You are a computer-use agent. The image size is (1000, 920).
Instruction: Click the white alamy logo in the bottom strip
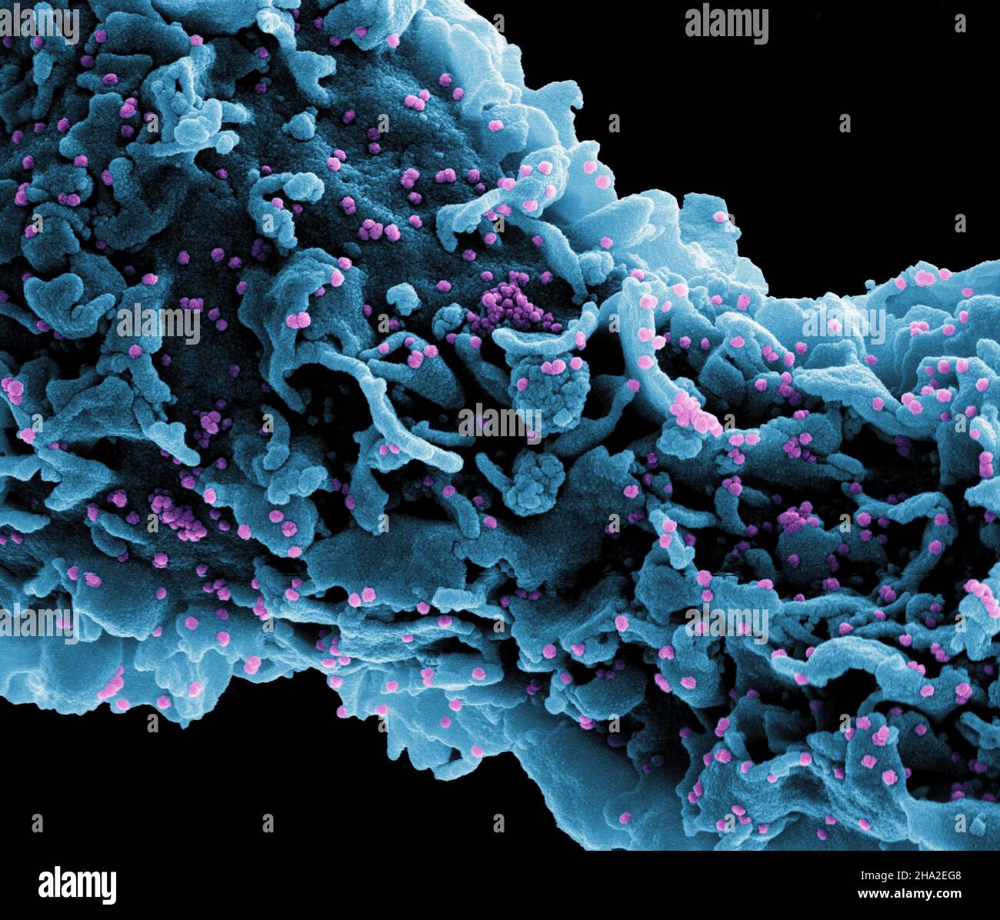click(x=77, y=885)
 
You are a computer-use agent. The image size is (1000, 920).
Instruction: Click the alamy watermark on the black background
click(x=726, y=24)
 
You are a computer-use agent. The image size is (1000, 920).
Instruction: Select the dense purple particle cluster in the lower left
click(x=176, y=515)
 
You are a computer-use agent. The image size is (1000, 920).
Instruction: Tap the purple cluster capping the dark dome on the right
click(x=796, y=519)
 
